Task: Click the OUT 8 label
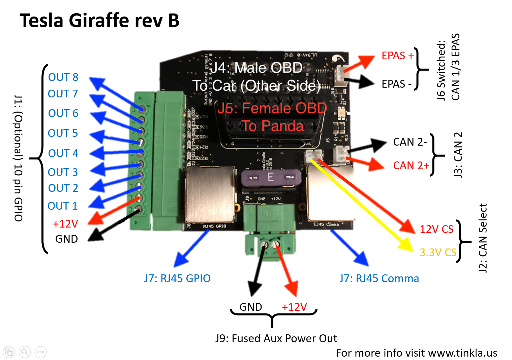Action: pyautogui.click(x=63, y=77)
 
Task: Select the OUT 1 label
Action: pyautogui.click(x=63, y=206)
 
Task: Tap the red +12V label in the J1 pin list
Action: pyautogui.click(x=65, y=223)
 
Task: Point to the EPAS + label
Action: pyautogui.click(x=397, y=56)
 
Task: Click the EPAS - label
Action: pyautogui.click(x=396, y=84)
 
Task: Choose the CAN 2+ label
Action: pyautogui.click(x=411, y=166)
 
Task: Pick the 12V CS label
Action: pyautogui.click(x=436, y=229)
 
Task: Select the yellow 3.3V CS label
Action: pyautogui.click(x=438, y=252)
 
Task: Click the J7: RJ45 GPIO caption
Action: pyautogui.click(x=177, y=278)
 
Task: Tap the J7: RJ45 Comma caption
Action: pyautogui.click(x=379, y=278)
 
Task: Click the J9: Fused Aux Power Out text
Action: pyautogui.click(x=276, y=338)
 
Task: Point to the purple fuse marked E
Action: pyautogui.click(x=271, y=177)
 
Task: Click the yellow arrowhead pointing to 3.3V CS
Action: pyautogui.click(x=406, y=244)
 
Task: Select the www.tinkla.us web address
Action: pyautogui.click(x=463, y=353)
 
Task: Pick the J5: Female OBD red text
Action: pyautogui.click(x=272, y=108)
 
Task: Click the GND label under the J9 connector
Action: pyautogui.click(x=250, y=307)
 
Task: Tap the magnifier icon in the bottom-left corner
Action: pyautogui.click(x=25, y=352)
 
